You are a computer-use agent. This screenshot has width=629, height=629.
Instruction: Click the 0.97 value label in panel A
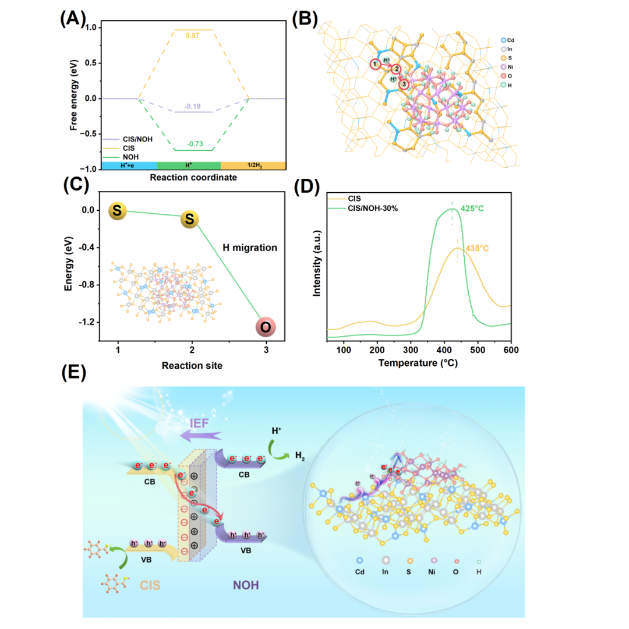[193, 36]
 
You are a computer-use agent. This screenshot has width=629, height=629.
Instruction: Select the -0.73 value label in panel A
[195, 144]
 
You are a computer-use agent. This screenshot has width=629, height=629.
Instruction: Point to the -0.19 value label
[193, 107]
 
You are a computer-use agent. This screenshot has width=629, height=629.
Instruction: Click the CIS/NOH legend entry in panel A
[128, 139]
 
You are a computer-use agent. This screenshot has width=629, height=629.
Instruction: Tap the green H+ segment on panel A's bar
[189, 165]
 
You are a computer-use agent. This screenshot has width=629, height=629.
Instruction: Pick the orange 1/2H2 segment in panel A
[253, 165]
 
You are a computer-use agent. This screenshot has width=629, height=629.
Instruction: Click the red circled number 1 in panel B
[375, 64]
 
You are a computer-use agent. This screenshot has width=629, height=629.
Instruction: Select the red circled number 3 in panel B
[404, 84]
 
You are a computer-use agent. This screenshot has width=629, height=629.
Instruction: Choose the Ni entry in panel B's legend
[507, 67]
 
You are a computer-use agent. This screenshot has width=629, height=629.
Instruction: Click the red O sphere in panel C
[266, 327]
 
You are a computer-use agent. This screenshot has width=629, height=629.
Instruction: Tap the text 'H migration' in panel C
[250, 248]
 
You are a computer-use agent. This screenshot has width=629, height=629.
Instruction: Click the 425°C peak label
[472, 209]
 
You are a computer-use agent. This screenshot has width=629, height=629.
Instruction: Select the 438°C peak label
[477, 248]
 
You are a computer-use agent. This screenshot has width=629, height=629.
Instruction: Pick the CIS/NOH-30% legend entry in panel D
[363, 208]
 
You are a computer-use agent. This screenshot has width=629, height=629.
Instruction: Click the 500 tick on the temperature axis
[478, 350]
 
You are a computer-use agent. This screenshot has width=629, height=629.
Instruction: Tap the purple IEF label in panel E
[199, 423]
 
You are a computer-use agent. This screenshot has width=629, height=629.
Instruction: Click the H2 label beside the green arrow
[300, 455]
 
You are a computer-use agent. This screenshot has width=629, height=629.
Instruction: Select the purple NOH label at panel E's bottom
[246, 585]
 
